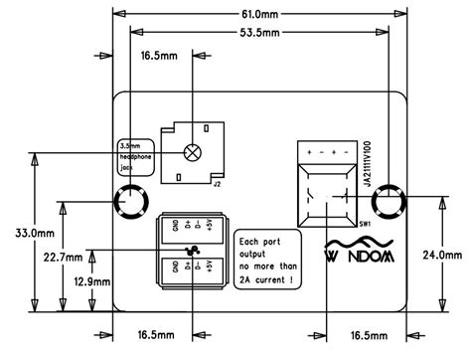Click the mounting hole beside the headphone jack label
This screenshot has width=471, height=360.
130,206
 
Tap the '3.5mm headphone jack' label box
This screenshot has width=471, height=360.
132,156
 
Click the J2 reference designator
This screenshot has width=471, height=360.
217,182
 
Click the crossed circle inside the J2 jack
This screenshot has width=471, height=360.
191,153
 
